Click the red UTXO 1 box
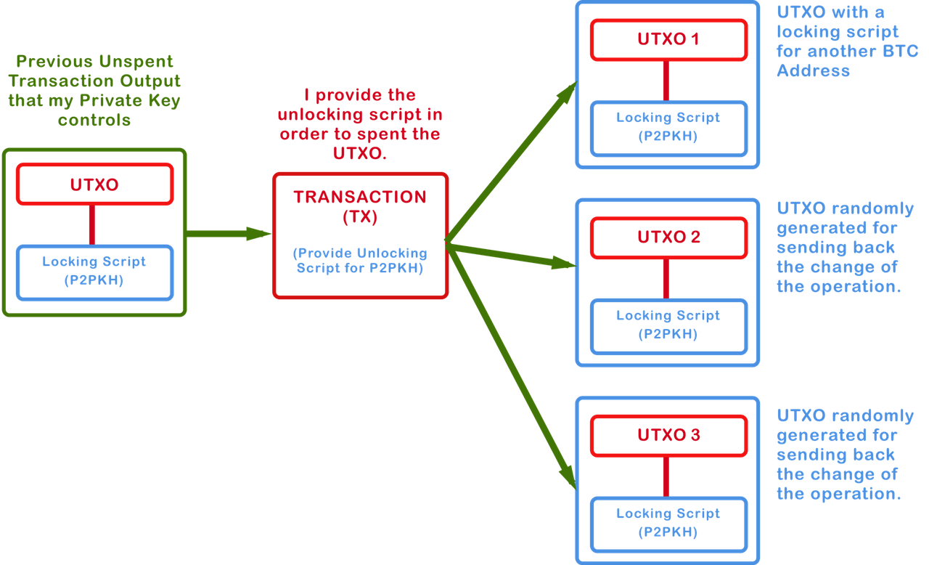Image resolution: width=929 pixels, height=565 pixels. (668, 39)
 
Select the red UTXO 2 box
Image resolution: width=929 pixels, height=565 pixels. (668, 237)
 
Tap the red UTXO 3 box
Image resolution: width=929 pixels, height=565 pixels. (668, 436)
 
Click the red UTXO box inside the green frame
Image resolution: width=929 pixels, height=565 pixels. (94, 184)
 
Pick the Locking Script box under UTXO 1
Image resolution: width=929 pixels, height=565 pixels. (668, 127)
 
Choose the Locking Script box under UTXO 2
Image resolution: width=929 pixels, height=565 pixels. (668, 325)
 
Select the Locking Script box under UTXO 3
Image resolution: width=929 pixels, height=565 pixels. (668, 523)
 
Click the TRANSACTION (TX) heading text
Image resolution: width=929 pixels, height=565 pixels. (361, 206)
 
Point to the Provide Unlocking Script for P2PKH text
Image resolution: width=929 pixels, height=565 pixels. (361, 261)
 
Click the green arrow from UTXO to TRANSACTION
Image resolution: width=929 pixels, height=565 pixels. (229, 234)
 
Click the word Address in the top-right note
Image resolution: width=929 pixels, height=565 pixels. (813, 71)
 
